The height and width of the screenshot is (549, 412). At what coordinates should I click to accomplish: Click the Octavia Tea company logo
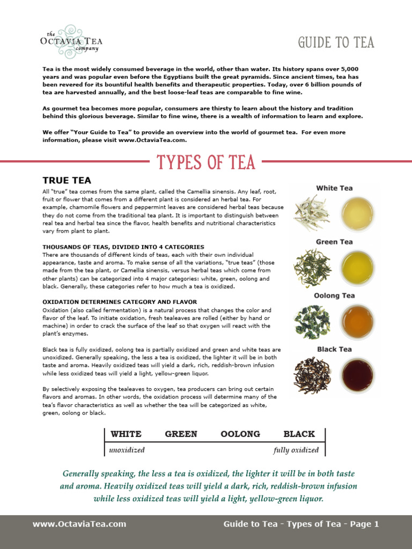71,39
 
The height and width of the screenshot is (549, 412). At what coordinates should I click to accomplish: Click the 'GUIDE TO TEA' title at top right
336,42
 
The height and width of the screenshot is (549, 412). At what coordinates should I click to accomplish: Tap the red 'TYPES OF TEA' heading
205,162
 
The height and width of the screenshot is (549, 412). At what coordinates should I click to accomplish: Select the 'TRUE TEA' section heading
67,181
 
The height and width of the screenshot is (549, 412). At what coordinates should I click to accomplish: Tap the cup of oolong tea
358,320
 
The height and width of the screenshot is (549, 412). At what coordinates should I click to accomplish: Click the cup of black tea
358,375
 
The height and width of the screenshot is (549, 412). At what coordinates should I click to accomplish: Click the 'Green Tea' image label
334,242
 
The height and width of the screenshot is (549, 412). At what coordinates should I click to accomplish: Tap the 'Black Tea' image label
334,349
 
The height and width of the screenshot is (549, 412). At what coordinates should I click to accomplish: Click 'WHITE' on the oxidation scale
126,434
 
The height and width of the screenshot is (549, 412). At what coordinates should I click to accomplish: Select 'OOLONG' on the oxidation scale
240,434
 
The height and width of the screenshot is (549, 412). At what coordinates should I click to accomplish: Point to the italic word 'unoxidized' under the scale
127,450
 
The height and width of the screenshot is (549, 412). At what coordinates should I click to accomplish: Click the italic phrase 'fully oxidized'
296,450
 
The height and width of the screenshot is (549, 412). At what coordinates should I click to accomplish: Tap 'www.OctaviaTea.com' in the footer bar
79,524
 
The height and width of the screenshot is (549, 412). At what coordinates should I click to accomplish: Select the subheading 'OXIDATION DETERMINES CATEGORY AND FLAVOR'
120,302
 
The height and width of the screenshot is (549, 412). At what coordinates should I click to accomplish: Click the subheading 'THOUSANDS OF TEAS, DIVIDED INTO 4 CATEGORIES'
123,247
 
